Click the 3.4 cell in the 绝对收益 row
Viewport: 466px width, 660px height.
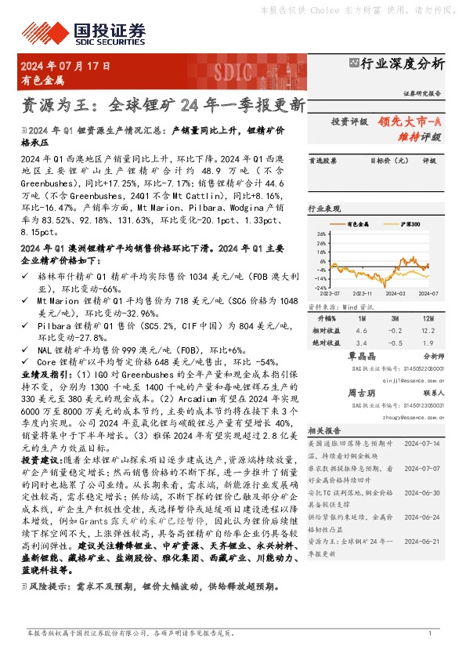(359, 343)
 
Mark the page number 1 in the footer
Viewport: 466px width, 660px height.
(430, 633)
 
